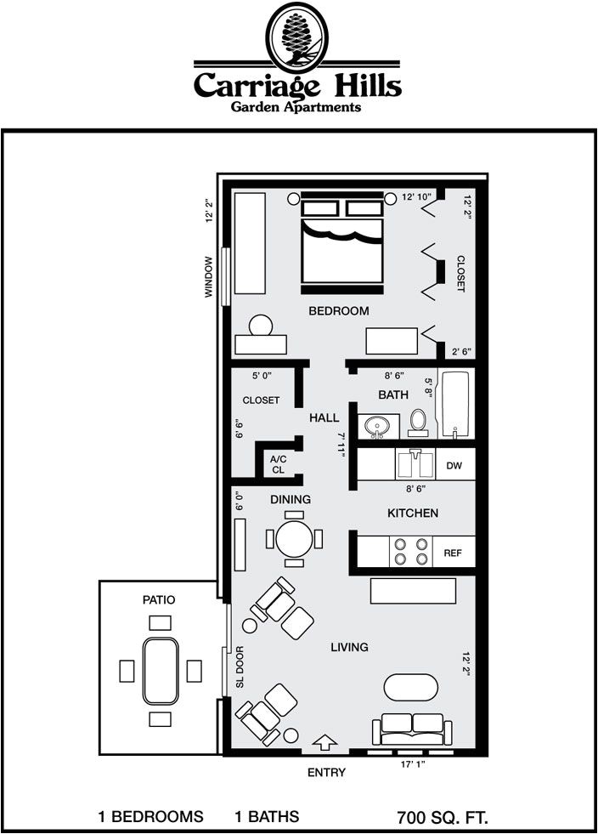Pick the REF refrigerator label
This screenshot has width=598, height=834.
(453, 553)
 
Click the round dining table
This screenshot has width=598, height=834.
(295, 538)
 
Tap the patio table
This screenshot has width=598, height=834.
(160, 671)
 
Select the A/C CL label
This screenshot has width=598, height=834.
(278, 464)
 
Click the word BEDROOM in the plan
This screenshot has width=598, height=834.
(338, 311)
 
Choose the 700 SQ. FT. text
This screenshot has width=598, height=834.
(443, 818)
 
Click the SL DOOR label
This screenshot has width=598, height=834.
(240, 667)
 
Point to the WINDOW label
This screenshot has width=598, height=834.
(208, 277)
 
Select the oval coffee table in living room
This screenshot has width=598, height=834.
(411, 687)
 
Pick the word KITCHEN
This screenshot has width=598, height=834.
(413, 513)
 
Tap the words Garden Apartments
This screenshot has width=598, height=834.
(297, 107)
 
